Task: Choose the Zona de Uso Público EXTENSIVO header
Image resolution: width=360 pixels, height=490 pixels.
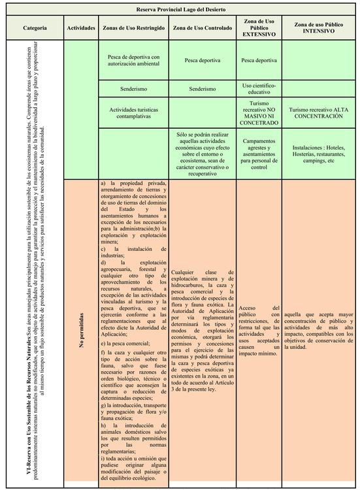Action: pyautogui.click(x=259, y=29)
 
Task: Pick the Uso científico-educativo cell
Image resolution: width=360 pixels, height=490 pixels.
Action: pyautogui.click(x=259, y=87)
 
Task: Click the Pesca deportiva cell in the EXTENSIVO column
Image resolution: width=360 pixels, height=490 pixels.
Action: pyautogui.click(x=259, y=61)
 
